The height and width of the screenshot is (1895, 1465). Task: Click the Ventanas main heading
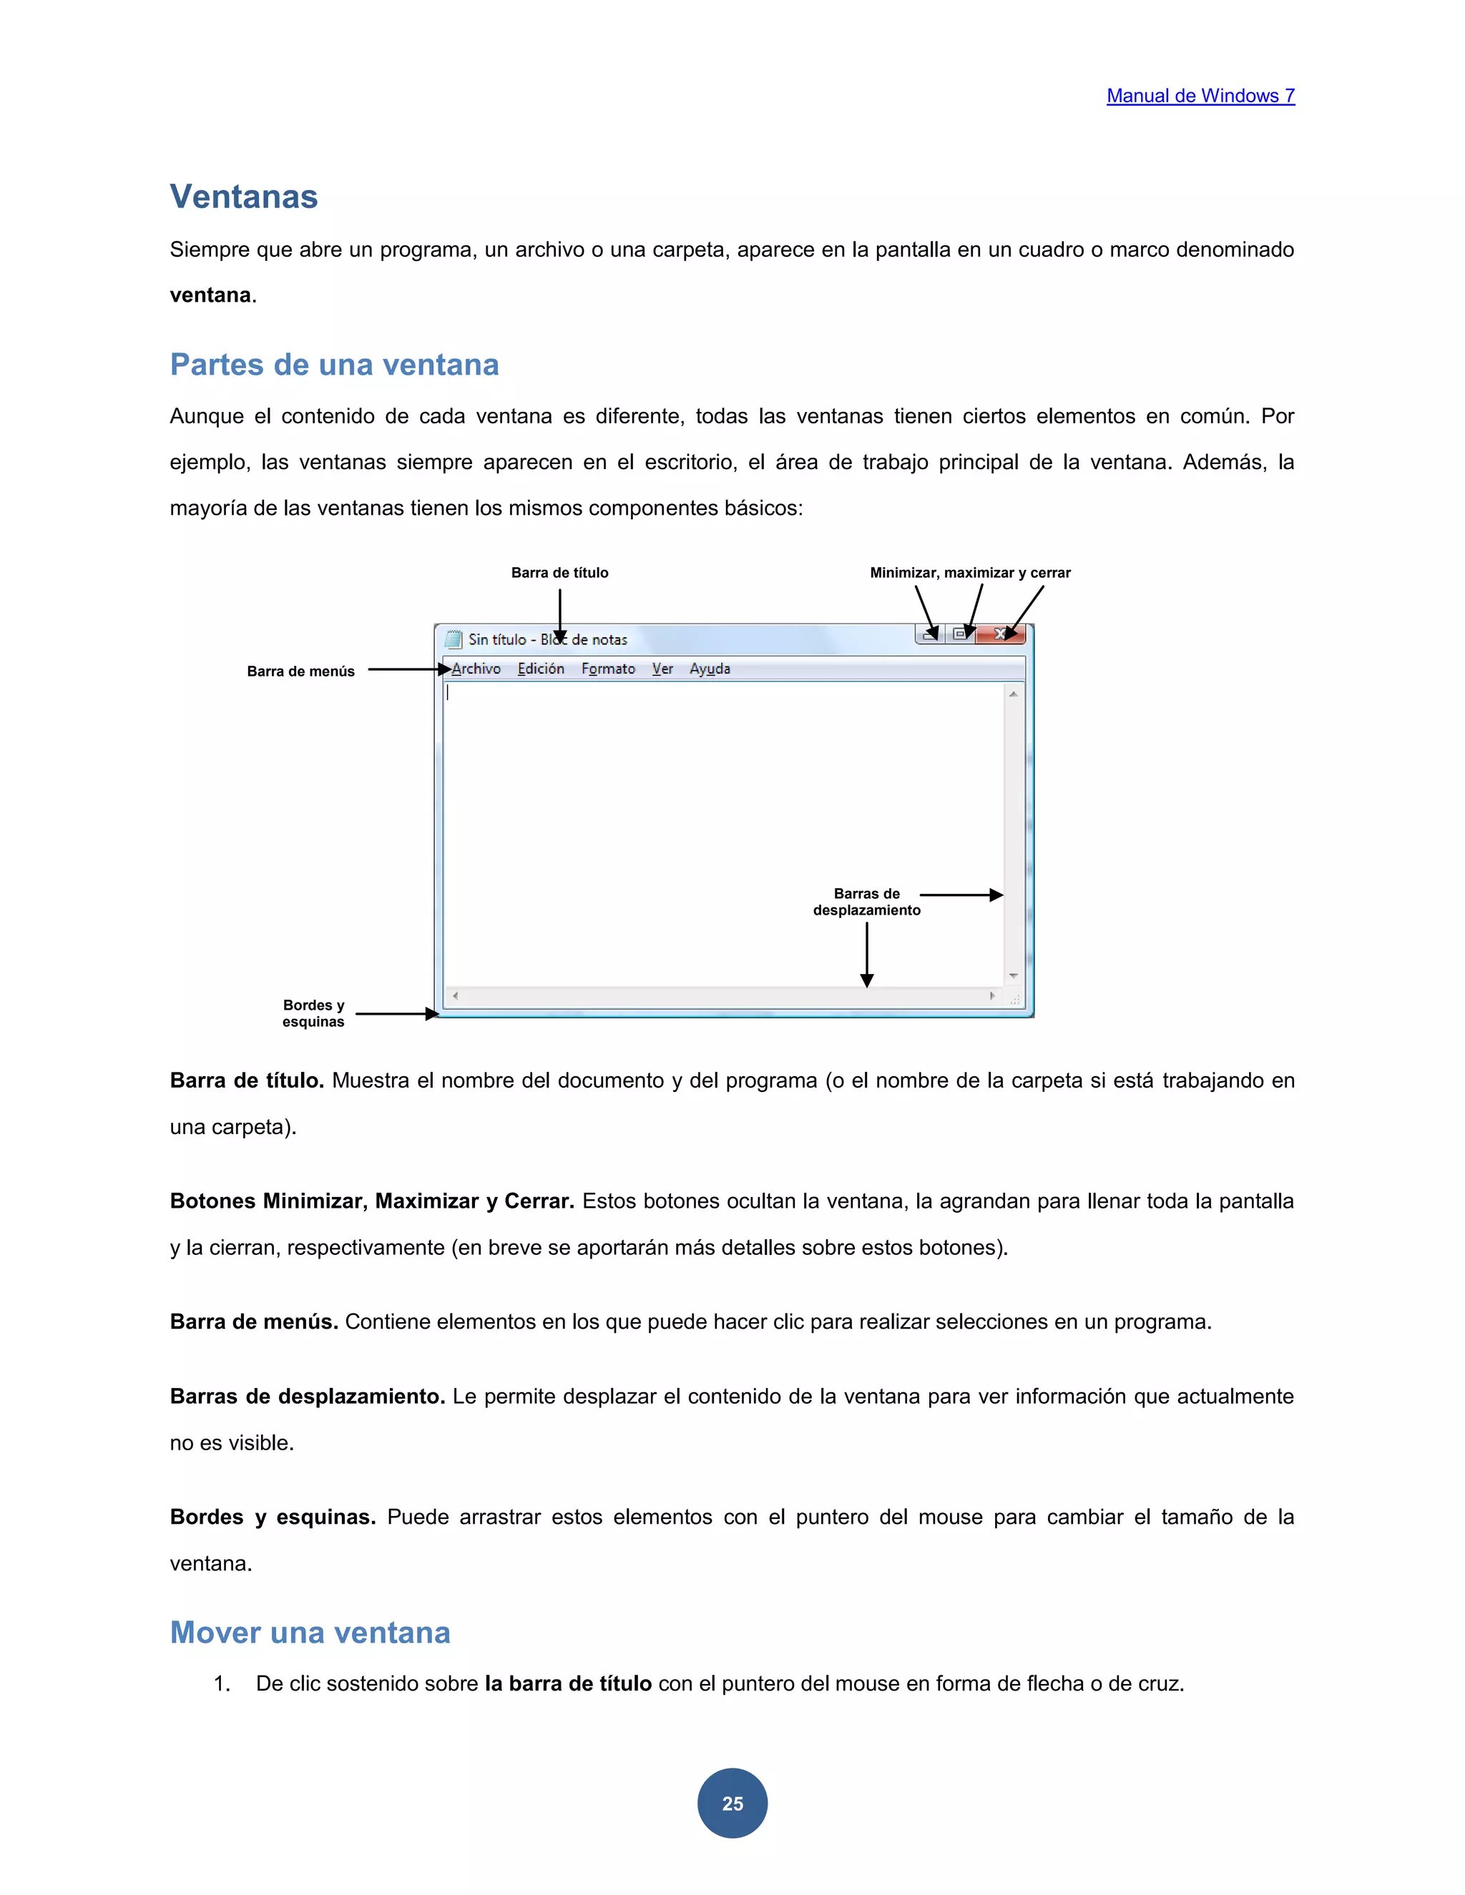pyautogui.click(x=244, y=197)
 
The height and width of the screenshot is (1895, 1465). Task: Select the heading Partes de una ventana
pyautogui.click(x=334, y=365)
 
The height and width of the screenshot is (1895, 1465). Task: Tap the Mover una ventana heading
pyautogui.click(x=310, y=1632)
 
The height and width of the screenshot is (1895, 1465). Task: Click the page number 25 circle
pyautogui.click(x=732, y=1802)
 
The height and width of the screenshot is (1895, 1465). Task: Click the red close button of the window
pyautogui.click(x=1000, y=634)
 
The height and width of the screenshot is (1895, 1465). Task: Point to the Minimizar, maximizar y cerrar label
pyautogui.click(x=969, y=573)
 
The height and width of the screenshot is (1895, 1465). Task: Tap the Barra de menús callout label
pyautogui.click(x=300, y=671)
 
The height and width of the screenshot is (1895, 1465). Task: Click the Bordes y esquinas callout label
pyautogui.click(x=313, y=1013)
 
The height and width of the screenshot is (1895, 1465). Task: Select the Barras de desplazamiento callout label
pyautogui.click(x=866, y=902)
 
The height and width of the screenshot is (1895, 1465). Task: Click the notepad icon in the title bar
pyautogui.click(x=453, y=639)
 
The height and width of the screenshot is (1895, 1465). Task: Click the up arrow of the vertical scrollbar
pyautogui.click(x=1013, y=694)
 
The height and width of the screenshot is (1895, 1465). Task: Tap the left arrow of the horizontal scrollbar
pyautogui.click(x=455, y=996)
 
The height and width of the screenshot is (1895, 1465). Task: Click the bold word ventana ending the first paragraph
pyautogui.click(x=210, y=295)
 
